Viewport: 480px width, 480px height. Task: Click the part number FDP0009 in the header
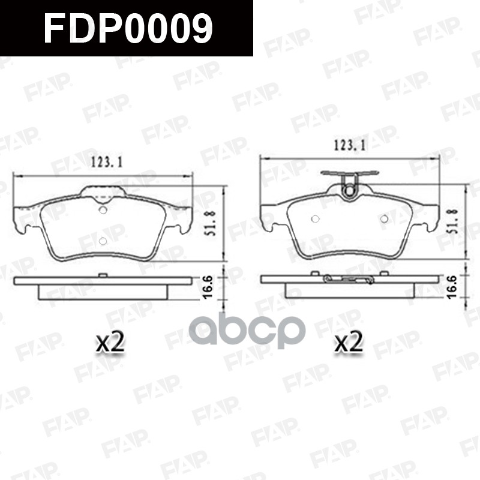pyautogui.click(x=127, y=28)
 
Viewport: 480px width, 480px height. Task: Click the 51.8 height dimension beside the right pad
pyautogui.click(x=454, y=219)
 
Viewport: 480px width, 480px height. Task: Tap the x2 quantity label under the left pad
pyautogui.click(x=110, y=343)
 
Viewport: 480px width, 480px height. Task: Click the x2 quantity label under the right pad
pyautogui.click(x=349, y=343)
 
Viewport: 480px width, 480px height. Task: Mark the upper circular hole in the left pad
pyautogui.click(x=102, y=210)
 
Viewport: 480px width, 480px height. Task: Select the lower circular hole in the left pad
pyautogui.click(x=102, y=241)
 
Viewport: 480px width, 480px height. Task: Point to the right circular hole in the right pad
pyautogui.click(x=385, y=219)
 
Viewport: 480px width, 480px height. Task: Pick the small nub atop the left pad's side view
pyautogui.click(x=103, y=275)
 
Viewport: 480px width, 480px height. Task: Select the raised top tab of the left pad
pyautogui.click(x=102, y=192)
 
